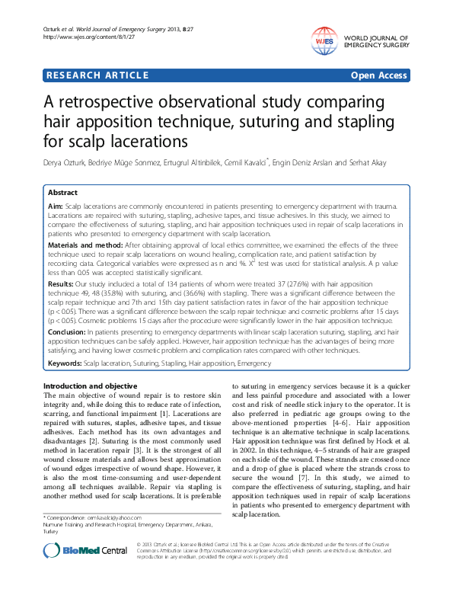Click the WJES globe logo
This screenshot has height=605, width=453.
click(324, 39)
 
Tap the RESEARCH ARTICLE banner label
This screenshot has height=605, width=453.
click(97, 75)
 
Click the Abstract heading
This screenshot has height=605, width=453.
click(62, 193)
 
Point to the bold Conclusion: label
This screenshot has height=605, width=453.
click(67, 331)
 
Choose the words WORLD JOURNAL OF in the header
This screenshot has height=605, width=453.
click(377, 37)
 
